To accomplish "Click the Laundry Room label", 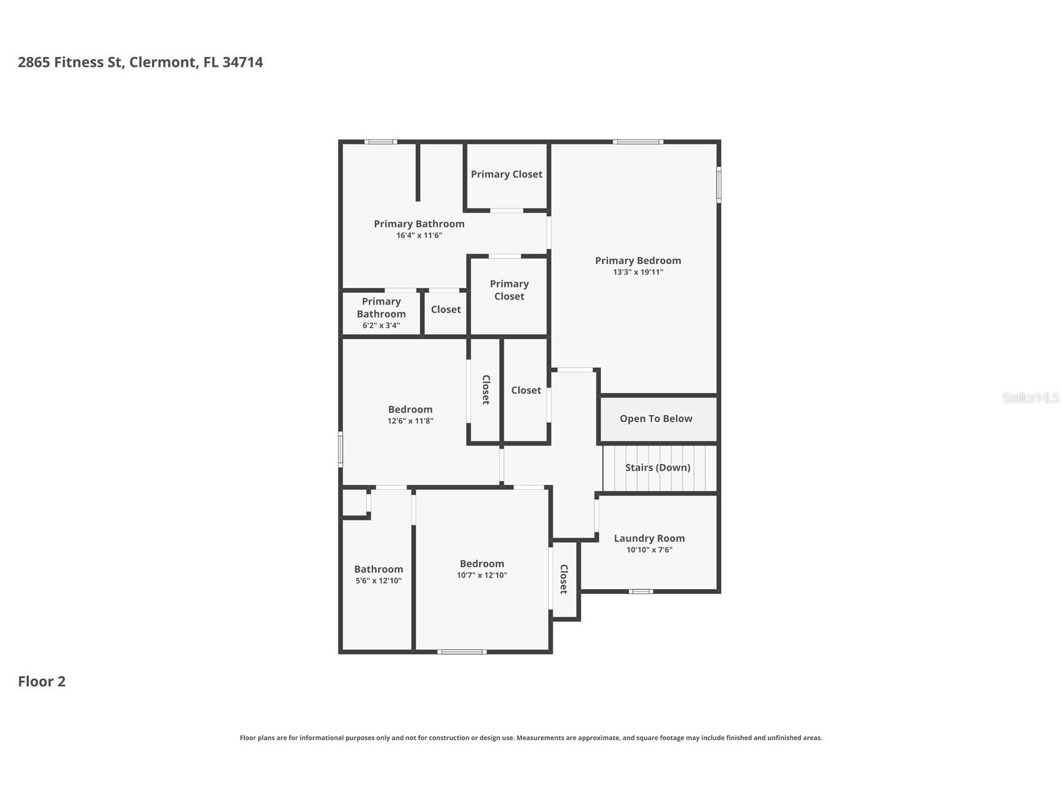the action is click(x=649, y=538).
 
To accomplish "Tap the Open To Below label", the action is click(x=656, y=419).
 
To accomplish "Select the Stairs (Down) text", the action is click(x=658, y=467).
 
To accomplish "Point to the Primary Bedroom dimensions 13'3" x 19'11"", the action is click(x=638, y=272).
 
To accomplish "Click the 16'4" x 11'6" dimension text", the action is click(x=419, y=235).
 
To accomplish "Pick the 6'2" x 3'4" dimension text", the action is click(x=381, y=325).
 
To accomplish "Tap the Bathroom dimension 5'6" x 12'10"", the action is click(x=379, y=581).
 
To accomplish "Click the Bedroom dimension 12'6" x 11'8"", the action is click(x=410, y=421).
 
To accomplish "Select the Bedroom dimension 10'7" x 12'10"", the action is click(x=482, y=575).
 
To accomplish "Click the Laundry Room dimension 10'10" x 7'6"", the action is click(x=649, y=550).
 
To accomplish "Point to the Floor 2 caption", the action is click(x=41, y=681).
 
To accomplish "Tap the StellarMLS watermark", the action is click(x=1031, y=397).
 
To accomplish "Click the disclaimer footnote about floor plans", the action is click(x=531, y=738).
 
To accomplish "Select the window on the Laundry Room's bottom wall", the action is click(x=640, y=591).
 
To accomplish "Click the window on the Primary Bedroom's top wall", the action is click(x=638, y=142).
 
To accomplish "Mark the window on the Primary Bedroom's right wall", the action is click(x=719, y=185).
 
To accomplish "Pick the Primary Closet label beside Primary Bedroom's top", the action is click(x=506, y=175).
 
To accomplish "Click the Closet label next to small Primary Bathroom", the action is click(x=446, y=310).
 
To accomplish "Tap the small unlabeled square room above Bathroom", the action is click(x=355, y=503).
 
